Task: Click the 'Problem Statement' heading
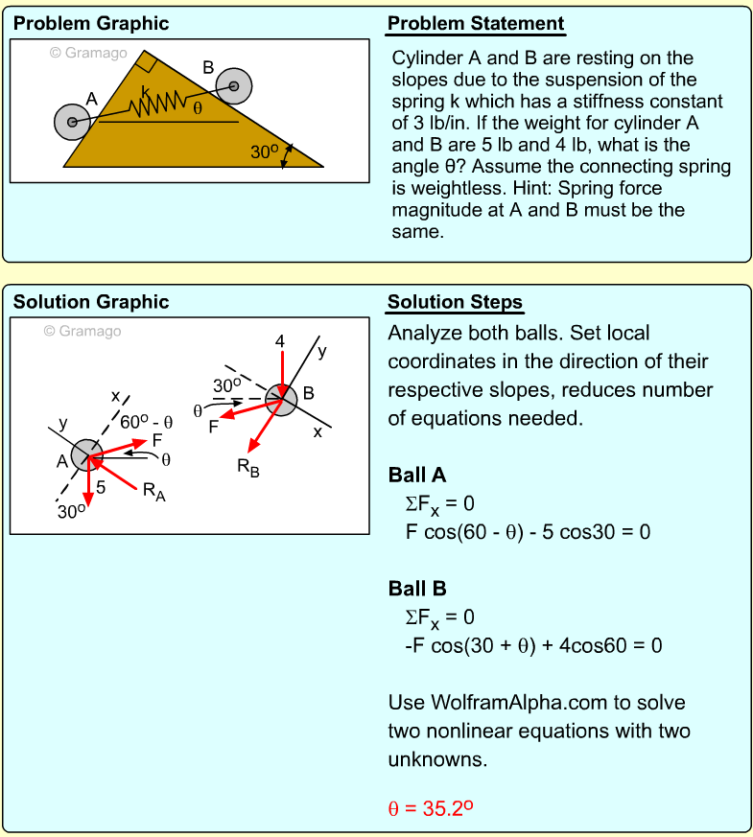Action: [476, 23]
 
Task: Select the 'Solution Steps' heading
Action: [455, 302]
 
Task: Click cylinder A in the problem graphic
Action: [72, 122]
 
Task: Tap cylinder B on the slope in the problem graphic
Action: [233, 86]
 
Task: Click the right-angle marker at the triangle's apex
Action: [146, 62]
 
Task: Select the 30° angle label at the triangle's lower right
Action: [264, 151]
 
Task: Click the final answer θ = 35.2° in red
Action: [431, 808]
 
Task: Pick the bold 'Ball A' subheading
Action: [417, 476]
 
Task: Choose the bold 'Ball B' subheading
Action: [417, 589]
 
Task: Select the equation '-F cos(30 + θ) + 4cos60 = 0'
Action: [533, 645]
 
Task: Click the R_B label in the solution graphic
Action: [248, 467]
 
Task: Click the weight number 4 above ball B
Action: [280, 340]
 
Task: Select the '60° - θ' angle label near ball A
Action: [146, 421]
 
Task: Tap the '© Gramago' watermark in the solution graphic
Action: [82, 331]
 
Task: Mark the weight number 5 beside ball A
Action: [101, 487]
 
